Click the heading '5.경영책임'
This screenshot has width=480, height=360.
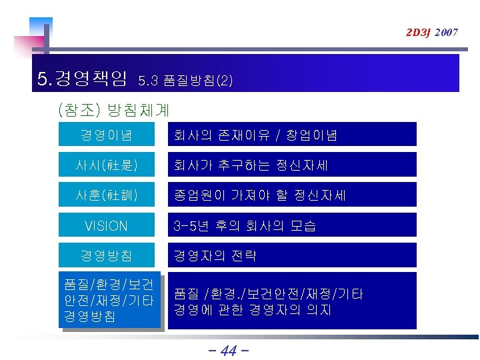pos(82,80)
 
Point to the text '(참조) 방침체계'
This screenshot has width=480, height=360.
pos(113,108)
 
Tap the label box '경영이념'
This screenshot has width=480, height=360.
pos(107,135)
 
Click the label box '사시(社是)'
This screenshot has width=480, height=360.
pos(107,165)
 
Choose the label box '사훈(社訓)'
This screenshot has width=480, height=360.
pos(107,196)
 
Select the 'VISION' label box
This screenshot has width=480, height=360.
pos(107,226)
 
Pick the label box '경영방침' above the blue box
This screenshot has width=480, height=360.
pos(107,256)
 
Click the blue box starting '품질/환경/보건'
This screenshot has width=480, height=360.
pos(109,301)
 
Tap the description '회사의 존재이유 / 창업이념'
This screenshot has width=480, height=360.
pos(255,135)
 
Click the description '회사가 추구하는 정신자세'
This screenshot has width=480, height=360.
pos(251,165)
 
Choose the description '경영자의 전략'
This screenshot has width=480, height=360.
pos(215,256)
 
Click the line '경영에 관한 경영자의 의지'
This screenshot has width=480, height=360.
pos(253,310)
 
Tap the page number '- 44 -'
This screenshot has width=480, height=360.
pos(228,349)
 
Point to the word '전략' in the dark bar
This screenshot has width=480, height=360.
pos(243,256)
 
